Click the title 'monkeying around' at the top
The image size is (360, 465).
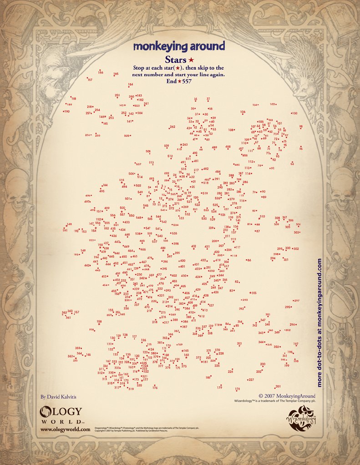[x=179, y=46]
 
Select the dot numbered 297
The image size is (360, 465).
[x=293, y=301]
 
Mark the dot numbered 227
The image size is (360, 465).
[x=247, y=379]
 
